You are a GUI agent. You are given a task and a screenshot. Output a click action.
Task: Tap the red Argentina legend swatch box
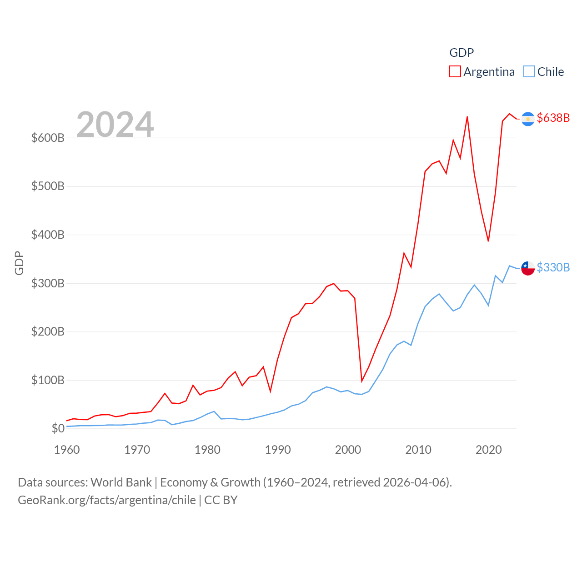(455, 72)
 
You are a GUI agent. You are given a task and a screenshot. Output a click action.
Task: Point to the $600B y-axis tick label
(48, 138)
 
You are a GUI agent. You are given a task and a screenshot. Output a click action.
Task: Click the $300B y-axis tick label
(48, 283)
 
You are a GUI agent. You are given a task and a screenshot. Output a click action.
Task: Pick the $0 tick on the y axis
(58, 428)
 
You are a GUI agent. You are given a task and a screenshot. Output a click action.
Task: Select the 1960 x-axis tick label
(67, 450)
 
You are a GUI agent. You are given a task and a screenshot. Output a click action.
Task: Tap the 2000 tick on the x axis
(348, 450)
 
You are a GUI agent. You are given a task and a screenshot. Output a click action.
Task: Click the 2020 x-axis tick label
(488, 450)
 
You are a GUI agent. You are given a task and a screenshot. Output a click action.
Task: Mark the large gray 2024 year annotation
(115, 125)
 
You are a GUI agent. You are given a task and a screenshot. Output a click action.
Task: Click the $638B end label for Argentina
(553, 118)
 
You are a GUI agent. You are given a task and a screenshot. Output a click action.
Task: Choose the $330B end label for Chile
(553, 267)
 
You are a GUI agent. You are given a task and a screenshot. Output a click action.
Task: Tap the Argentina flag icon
(528, 119)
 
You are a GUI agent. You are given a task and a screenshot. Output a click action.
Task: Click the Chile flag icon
(528, 268)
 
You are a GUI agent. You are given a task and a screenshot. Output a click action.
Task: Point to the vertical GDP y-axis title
(19, 263)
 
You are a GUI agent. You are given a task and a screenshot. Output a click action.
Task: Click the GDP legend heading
(462, 53)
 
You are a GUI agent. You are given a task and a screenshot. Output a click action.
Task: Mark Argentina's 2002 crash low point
(362, 381)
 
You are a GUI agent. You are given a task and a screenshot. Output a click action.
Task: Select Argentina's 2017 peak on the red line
(467, 117)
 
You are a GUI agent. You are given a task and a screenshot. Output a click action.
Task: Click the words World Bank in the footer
(121, 482)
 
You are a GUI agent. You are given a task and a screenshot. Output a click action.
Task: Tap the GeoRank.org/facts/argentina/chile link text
(107, 500)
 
